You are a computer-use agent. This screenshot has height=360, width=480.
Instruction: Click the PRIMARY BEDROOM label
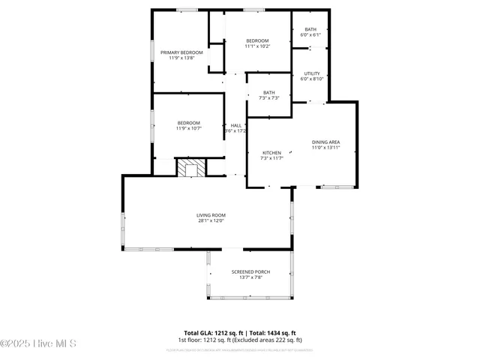pos(181,52)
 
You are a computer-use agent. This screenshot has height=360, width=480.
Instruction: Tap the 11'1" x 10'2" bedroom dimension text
pos(257,46)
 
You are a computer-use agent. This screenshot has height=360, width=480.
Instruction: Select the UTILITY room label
pos(312,73)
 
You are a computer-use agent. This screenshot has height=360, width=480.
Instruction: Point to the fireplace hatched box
pos(189,167)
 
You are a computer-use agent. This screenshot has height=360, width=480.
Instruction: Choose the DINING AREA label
pos(326,142)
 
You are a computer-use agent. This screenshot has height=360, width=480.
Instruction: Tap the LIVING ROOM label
pos(211,215)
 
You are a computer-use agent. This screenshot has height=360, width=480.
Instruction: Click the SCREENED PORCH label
pos(250,271)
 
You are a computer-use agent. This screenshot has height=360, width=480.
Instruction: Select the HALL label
pos(235,125)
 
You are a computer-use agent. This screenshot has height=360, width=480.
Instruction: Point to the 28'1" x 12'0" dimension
pos(211,220)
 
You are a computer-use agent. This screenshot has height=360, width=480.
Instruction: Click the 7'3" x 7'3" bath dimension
pos(268,98)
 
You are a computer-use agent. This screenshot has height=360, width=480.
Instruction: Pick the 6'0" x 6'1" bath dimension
pos(310,35)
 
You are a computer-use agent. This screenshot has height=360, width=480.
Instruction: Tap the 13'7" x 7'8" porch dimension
pos(250,277)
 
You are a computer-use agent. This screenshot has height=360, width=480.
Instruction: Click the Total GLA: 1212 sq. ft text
pos(212,332)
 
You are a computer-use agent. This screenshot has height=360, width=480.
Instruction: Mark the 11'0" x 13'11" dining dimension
pos(326,148)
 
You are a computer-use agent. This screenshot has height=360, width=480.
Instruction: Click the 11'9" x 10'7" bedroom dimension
pos(189,128)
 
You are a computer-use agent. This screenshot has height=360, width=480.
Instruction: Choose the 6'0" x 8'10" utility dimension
pos(312,79)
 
